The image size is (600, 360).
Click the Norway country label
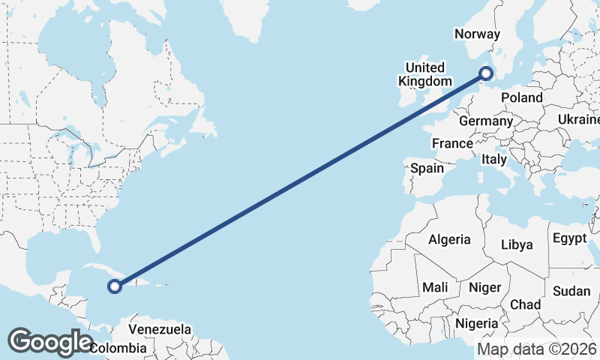pos(478,34)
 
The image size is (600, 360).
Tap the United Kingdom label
pos(426,74)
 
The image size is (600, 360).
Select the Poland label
pos(522,97)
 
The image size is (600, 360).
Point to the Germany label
pos(486,121)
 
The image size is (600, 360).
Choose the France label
pos(452,143)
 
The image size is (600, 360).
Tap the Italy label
pos(494,159)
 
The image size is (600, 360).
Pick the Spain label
pos(427,169)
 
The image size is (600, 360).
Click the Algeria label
pos(449,240)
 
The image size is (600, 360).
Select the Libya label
pos(516,244)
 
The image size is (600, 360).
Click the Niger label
pos(484,287)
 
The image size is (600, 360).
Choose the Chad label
pos(525,304)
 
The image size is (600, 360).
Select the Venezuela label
pos(160,329)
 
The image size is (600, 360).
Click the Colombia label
pos(118,348)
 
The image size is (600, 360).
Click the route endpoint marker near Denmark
pos(486,73)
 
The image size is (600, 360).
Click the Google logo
pos(50,341)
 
